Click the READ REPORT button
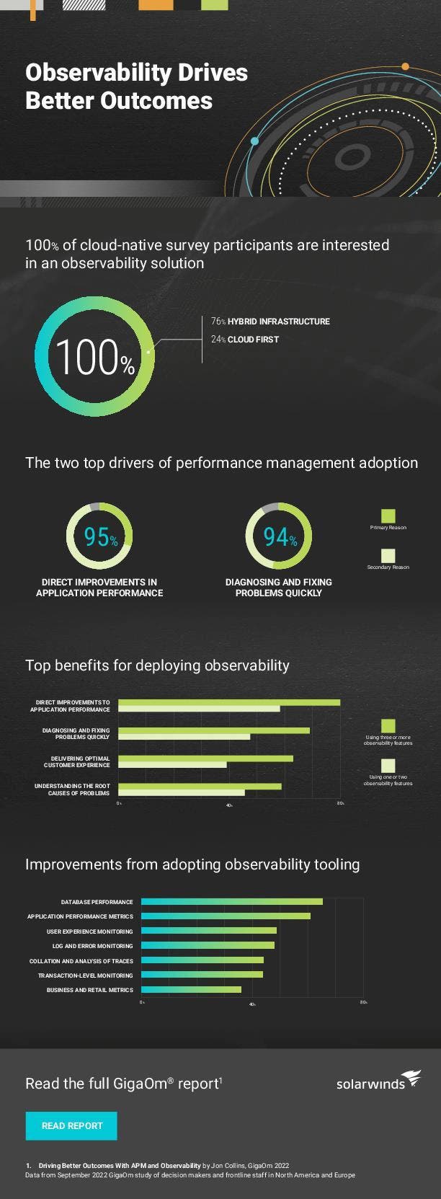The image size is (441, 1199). pos(71,1125)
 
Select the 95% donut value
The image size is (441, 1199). pos(100,537)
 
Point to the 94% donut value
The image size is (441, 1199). pos(280,537)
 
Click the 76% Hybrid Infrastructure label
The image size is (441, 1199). pos(270,322)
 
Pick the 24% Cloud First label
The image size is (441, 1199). pos(245,339)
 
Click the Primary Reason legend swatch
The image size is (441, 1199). pos(388,516)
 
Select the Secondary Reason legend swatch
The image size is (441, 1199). pos(388,555)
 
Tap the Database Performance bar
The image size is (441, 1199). pos(231,901)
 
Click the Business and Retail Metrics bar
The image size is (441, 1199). pos(191,990)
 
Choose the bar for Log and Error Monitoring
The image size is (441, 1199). pos(208,945)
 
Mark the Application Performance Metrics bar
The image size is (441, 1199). pos(226,916)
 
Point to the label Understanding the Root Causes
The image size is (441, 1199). pos(72,789)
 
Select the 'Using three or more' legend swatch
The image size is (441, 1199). pos(388,725)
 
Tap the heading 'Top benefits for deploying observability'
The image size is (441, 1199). pos(157,665)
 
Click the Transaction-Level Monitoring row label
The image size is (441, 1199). pos(85,975)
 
